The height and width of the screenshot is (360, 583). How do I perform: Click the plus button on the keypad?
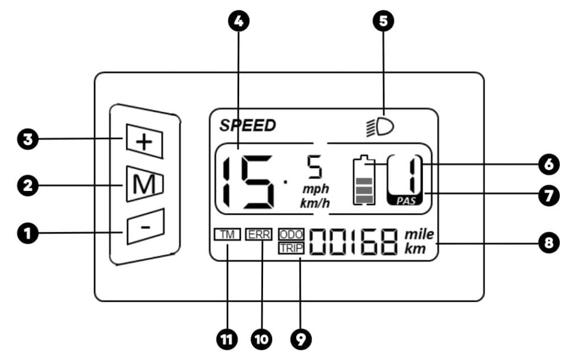(145, 141)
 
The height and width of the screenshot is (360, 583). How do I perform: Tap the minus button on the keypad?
(145, 226)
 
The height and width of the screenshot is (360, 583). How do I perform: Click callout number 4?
(239, 21)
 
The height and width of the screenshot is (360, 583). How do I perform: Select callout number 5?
(383, 21)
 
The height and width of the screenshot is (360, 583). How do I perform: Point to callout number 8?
(549, 243)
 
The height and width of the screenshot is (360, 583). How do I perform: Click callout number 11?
(227, 339)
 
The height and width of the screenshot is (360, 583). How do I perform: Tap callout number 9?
(301, 339)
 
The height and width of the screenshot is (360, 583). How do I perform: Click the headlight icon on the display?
(380, 127)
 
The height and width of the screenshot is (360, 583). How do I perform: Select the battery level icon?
(364, 180)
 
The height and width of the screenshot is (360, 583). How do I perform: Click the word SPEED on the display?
(248, 125)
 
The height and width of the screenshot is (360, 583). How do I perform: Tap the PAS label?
(405, 201)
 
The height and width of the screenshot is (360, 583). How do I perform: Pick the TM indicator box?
(227, 234)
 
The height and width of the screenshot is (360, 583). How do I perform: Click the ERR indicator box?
(259, 234)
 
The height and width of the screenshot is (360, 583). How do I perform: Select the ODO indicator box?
(291, 234)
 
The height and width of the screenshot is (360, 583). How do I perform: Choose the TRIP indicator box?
(291, 248)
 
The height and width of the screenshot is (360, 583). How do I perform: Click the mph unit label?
(315, 190)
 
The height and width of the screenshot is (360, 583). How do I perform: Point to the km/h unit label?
(315, 203)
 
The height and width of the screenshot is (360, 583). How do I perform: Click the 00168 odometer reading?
(354, 242)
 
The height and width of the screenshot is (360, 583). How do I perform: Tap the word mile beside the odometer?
(419, 234)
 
